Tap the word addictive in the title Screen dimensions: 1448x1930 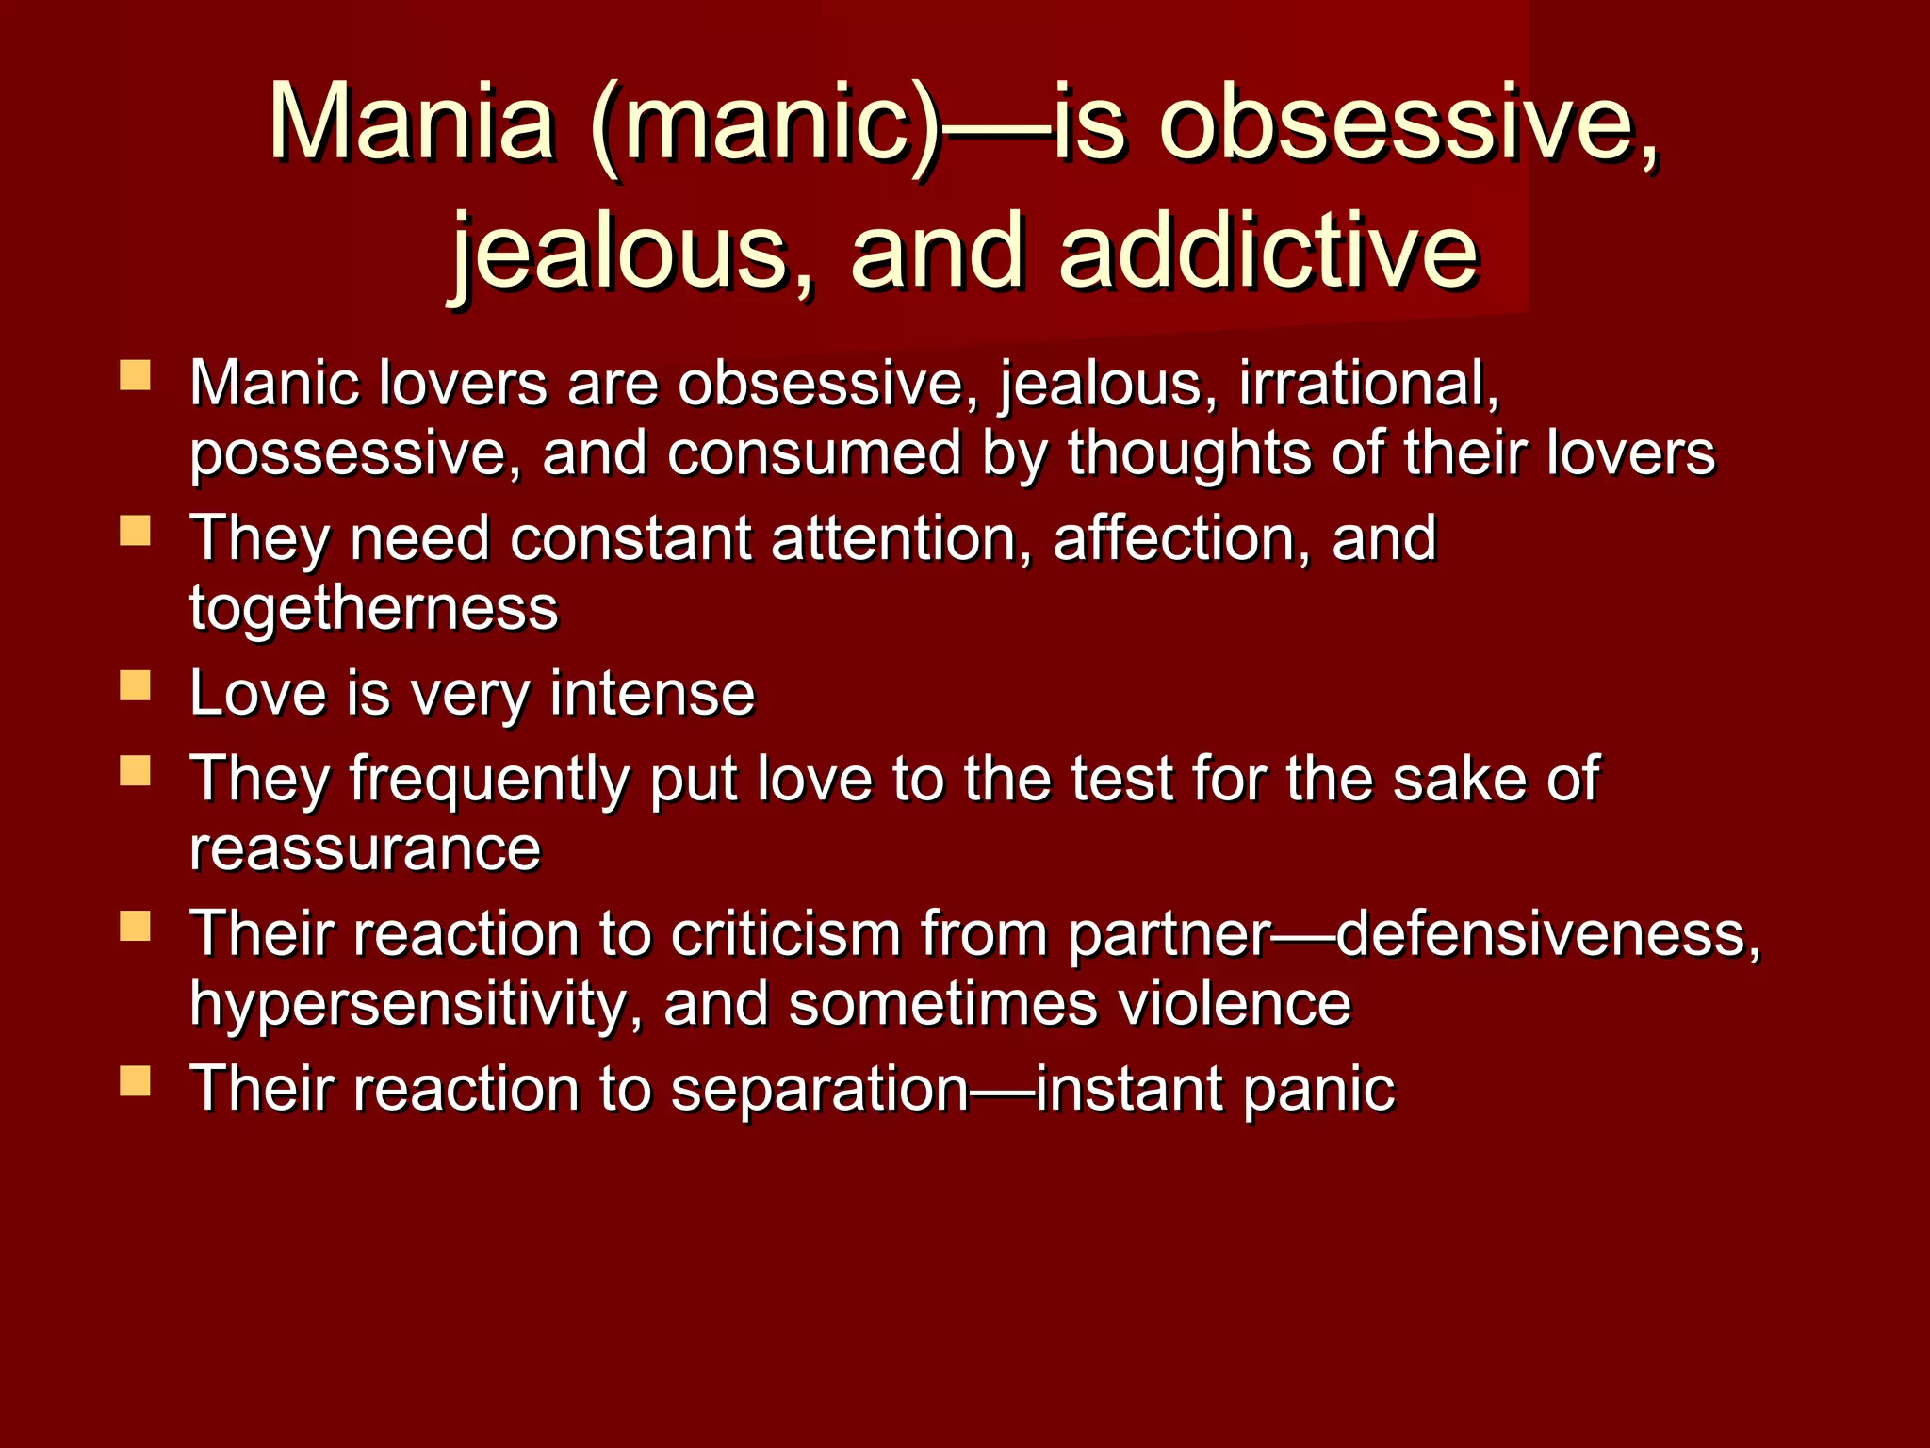click(1268, 251)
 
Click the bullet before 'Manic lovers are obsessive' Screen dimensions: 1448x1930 click(136, 376)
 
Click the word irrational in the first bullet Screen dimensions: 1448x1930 click(1367, 385)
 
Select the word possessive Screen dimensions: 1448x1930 click(354, 454)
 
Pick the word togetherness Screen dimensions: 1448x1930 click(373, 608)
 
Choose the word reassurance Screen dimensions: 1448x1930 click(365, 848)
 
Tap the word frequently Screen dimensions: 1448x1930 click(489, 781)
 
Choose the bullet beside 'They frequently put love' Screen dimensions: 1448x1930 click(136, 771)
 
